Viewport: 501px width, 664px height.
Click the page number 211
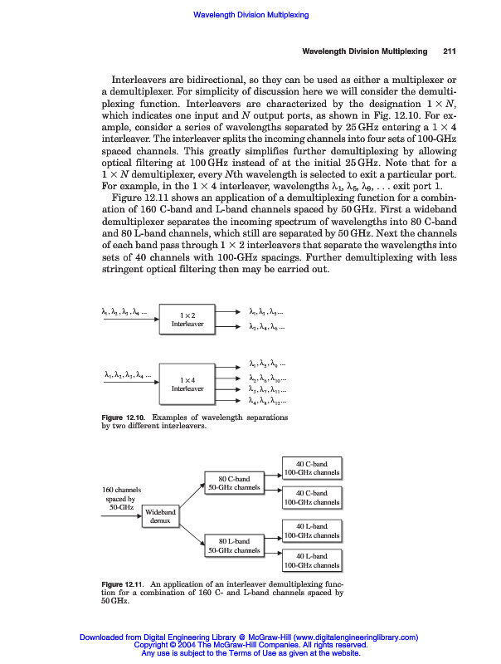450,51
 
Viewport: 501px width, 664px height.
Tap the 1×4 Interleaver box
187,383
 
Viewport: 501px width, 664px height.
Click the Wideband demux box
161,516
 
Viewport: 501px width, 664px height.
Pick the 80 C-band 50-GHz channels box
234,483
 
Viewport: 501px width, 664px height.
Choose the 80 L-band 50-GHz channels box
234,545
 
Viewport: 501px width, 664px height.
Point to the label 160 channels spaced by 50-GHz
120,498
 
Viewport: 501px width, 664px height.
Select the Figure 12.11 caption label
123,585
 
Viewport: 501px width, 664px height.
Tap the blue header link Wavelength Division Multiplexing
250,15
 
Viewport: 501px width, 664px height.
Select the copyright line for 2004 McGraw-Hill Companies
250,645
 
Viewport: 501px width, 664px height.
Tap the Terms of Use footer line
250,653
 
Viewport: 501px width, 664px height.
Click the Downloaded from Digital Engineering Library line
250,637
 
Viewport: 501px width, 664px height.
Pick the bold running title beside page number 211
364,51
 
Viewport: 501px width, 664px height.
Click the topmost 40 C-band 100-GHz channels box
312,467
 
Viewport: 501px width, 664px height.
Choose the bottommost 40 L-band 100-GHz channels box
312,560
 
